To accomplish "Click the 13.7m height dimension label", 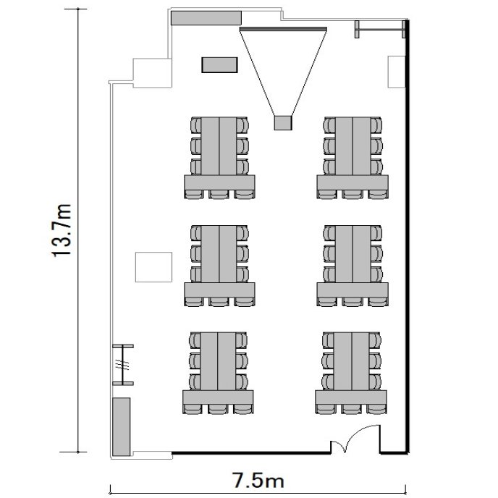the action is tap(62, 230).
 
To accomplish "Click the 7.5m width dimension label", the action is tap(258, 480).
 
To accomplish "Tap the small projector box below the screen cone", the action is tap(283, 122).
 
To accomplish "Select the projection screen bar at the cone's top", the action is tap(283, 29).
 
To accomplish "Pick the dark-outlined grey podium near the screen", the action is tap(219, 65).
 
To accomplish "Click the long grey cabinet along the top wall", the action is tap(206, 18).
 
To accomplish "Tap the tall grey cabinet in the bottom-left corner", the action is tap(122, 426).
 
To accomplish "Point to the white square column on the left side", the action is tap(153, 267).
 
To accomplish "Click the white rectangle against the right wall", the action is tap(397, 72).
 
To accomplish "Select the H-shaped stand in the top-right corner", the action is tap(380, 30).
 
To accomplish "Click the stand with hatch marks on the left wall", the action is tap(123, 365).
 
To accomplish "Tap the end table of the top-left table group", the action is tap(219, 182).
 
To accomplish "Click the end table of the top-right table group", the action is tap(353, 182).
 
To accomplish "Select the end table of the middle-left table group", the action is tap(219, 290).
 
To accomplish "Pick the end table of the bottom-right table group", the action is tap(351, 397).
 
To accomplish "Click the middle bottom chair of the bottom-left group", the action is tap(218, 409).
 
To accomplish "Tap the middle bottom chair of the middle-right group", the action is tap(353, 301).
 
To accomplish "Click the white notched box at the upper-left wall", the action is tap(153, 73).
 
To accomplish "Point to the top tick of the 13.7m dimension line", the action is tap(78, 9).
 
